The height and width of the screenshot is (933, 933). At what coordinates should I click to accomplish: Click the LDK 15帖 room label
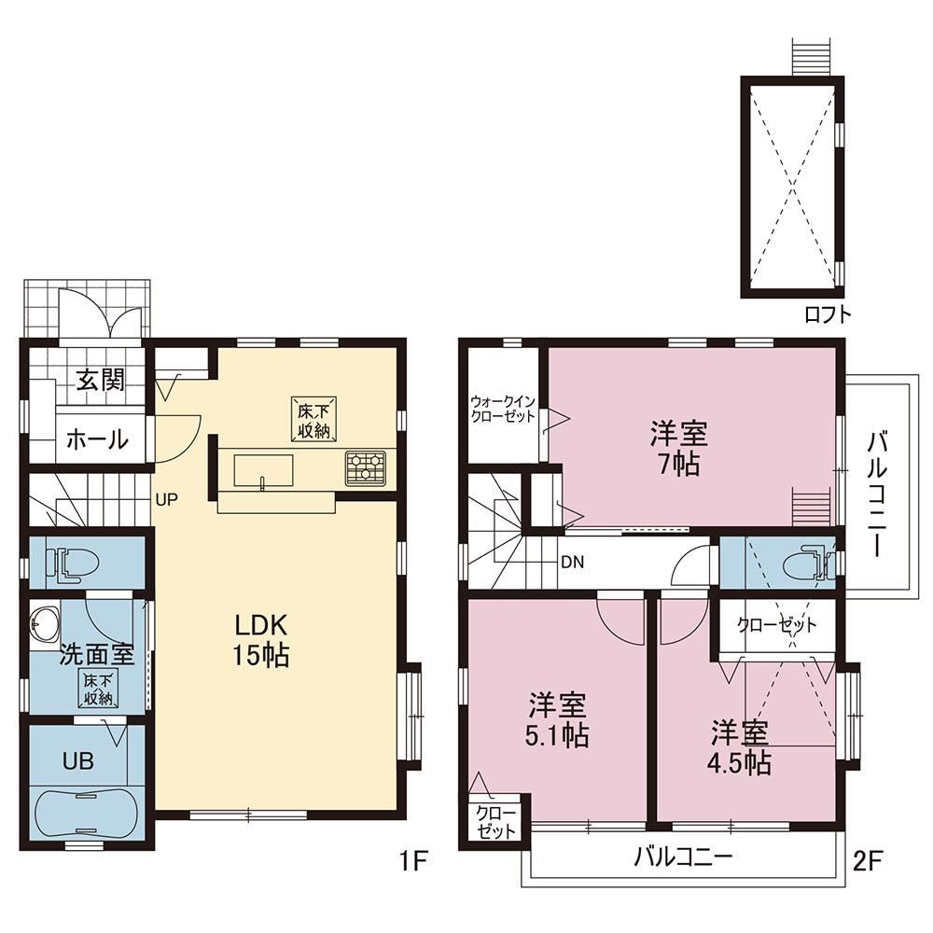[x=261, y=640]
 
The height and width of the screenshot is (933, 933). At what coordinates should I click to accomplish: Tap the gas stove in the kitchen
[x=366, y=467]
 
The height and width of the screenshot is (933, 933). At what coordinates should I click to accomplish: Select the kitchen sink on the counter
[x=263, y=470]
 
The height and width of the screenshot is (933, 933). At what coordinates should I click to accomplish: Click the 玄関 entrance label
[x=101, y=379]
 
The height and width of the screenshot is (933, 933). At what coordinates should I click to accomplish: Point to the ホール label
[x=97, y=439]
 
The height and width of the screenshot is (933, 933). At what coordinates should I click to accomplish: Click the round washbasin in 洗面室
[x=45, y=624]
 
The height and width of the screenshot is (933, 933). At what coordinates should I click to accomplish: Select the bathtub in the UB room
[x=87, y=813]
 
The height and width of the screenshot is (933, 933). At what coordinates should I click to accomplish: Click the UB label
[x=78, y=761]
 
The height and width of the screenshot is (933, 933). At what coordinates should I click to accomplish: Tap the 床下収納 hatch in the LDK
[x=314, y=420]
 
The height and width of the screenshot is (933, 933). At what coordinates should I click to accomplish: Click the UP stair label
[x=167, y=499]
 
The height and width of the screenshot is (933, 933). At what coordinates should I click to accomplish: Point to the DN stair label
[x=573, y=562]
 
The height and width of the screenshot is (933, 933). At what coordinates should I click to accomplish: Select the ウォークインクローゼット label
[x=503, y=409]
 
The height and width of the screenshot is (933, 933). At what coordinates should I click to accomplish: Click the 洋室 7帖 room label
[x=679, y=448]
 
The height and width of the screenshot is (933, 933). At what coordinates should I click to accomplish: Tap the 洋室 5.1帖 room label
[x=558, y=720]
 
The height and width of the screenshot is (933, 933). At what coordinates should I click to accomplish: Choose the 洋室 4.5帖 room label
[x=740, y=748]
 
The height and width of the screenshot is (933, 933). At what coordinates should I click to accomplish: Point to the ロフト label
[x=828, y=314]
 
